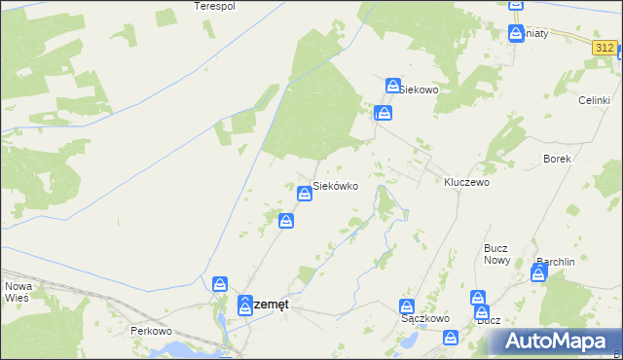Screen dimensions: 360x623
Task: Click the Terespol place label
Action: [215, 6]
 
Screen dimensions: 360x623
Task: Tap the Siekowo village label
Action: [421, 89]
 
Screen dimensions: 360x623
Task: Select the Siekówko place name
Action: [340, 185]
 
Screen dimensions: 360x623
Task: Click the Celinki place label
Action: [594, 100]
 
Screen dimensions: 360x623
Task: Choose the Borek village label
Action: [557, 158]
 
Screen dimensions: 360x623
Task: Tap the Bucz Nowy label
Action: [497, 254]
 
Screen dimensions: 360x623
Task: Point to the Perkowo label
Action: [151, 330]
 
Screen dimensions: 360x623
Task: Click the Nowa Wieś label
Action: [19, 293]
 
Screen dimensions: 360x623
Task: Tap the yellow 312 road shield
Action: [605, 47]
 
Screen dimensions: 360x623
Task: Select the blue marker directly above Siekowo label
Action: [393, 86]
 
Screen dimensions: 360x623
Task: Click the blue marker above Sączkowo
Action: [409, 306]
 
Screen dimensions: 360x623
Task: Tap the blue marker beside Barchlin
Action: [538, 274]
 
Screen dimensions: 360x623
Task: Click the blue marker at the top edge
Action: [516, 5]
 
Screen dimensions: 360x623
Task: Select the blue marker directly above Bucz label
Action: [478, 299]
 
